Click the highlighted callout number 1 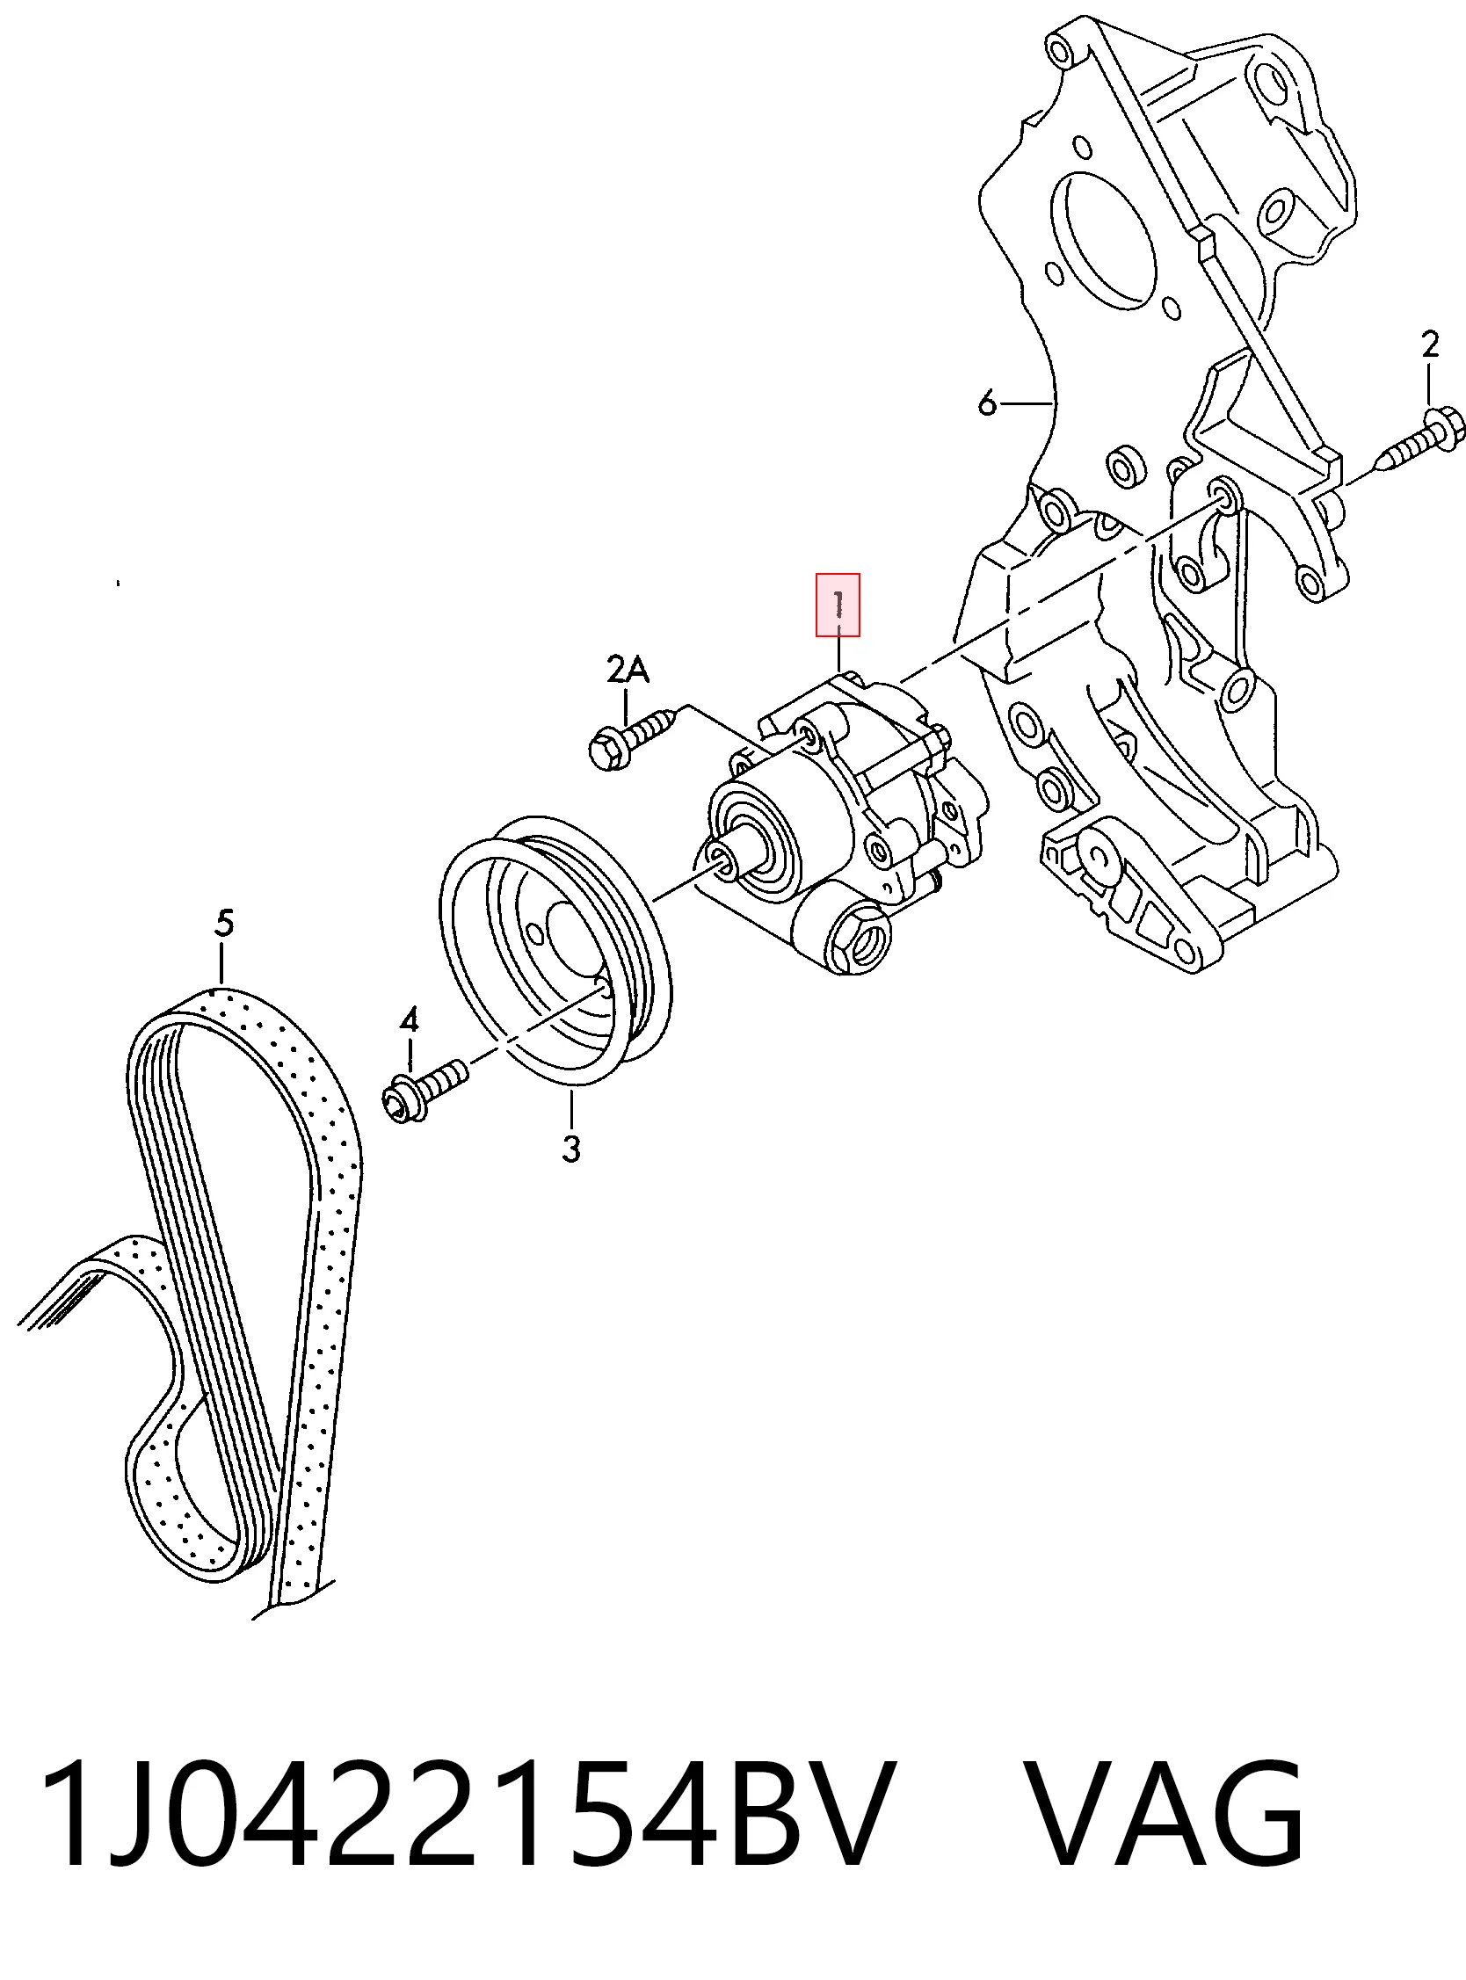pos(838,605)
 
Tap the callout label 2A pos(628,669)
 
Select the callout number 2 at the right pos(1429,345)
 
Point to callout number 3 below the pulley pos(571,1149)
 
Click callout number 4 pos(408,1021)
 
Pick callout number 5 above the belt pos(223,924)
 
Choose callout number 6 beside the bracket pos(987,403)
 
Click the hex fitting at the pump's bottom pos(856,937)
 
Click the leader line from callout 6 pos(1027,404)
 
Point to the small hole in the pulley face pos(534,934)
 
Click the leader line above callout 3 pos(572,1109)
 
